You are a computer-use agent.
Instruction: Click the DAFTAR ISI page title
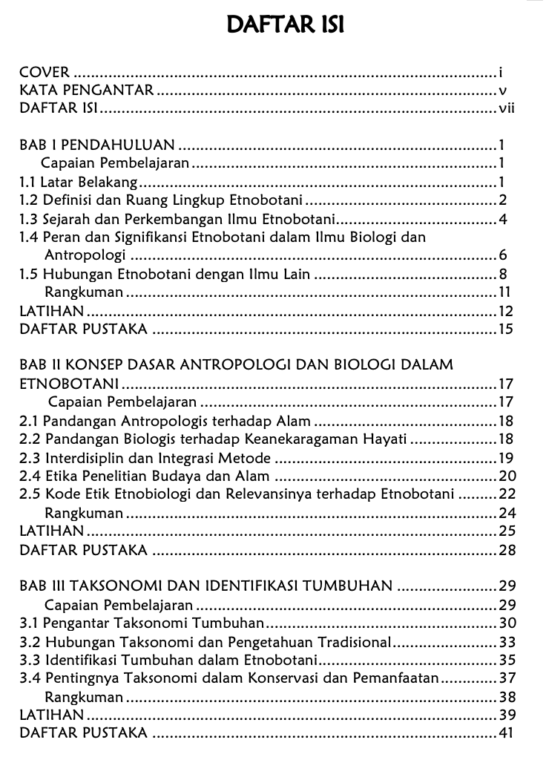(285, 25)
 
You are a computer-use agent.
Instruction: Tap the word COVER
(45, 73)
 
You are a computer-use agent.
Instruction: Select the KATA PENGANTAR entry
(87, 91)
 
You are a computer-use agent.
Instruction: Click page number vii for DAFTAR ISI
(507, 110)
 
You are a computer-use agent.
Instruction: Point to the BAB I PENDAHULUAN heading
(97, 145)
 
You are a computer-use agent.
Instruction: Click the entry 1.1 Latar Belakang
(79, 182)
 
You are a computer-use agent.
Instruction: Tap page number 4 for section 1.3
(502, 219)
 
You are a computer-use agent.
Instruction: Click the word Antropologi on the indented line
(87, 256)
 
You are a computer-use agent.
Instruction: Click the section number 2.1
(30, 421)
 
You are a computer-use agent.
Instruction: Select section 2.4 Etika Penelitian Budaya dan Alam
(145, 476)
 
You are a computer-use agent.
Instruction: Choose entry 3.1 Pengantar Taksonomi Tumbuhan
(142, 623)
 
